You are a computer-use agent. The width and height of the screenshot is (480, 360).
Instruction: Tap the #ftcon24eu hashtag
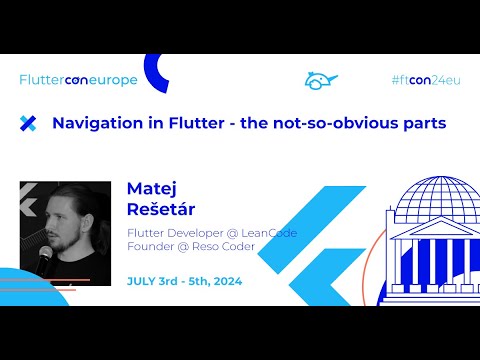(x=425, y=79)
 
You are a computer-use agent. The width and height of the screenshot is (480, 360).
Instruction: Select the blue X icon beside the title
(x=28, y=123)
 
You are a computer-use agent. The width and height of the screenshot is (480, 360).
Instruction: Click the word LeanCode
(x=264, y=233)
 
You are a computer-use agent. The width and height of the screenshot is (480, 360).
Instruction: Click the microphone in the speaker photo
(x=44, y=258)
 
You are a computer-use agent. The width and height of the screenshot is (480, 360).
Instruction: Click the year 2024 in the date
(x=227, y=280)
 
